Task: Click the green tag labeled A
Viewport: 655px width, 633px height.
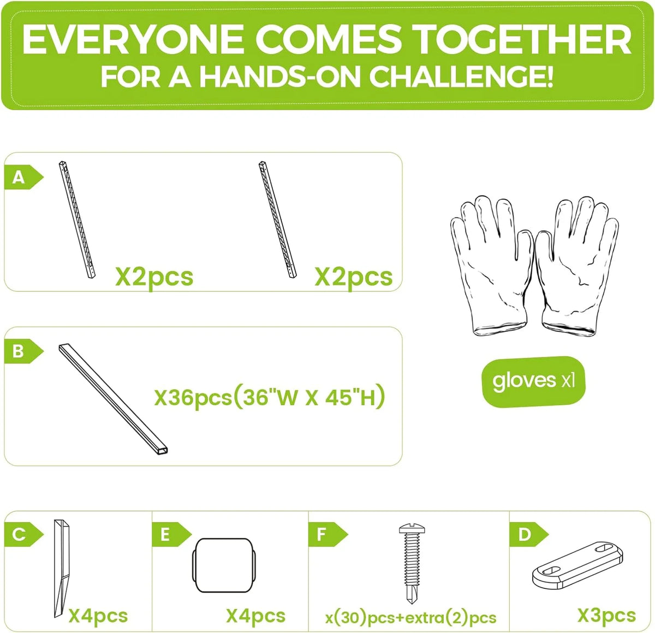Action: (x=23, y=177)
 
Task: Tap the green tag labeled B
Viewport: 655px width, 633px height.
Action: (x=23, y=351)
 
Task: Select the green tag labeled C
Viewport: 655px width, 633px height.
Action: (x=23, y=534)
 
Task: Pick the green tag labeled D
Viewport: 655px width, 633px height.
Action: (x=528, y=534)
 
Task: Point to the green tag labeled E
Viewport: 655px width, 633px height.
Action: (x=171, y=534)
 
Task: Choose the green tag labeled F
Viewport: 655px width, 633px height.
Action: (x=327, y=534)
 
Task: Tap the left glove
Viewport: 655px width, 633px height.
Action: (x=491, y=266)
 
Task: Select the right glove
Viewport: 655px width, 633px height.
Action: (x=576, y=267)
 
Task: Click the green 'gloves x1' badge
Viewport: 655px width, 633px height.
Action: (x=534, y=381)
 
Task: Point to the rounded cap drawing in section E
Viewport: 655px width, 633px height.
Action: (x=224, y=566)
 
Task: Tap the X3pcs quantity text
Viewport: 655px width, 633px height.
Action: (x=606, y=616)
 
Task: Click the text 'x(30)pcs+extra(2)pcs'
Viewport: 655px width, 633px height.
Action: (x=410, y=618)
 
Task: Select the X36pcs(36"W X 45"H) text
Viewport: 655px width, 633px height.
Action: (x=270, y=397)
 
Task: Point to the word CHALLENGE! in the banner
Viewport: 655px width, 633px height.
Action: (x=461, y=77)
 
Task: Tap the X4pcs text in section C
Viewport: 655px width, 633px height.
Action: (x=98, y=616)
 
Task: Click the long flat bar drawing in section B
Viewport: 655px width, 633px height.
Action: (x=114, y=399)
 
